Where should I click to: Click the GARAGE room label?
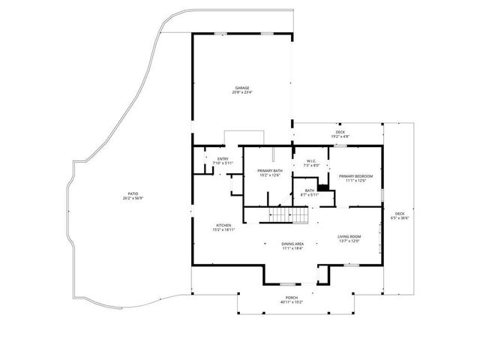tap(242, 87)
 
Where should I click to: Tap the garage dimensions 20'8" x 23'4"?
tap(242, 92)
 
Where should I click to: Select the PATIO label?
tap(133, 194)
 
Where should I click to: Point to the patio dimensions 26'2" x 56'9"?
tap(133, 199)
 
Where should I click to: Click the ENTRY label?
tap(223, 158)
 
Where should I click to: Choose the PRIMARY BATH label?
tap(269, 171)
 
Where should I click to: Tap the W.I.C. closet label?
tap(311, 160)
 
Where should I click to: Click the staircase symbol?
tap(289, 216)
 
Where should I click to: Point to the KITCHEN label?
tap(223, 225)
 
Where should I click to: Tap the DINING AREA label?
tap(292, 243)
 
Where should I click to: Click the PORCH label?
tap(291, 298)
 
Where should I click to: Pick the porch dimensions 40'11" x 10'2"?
tap(291, 303)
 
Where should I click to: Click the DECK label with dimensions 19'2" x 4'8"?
tap(340, 132)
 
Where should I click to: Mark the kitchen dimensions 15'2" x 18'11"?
tap(223, 230)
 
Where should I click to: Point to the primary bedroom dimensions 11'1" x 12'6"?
tap(355, 181)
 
